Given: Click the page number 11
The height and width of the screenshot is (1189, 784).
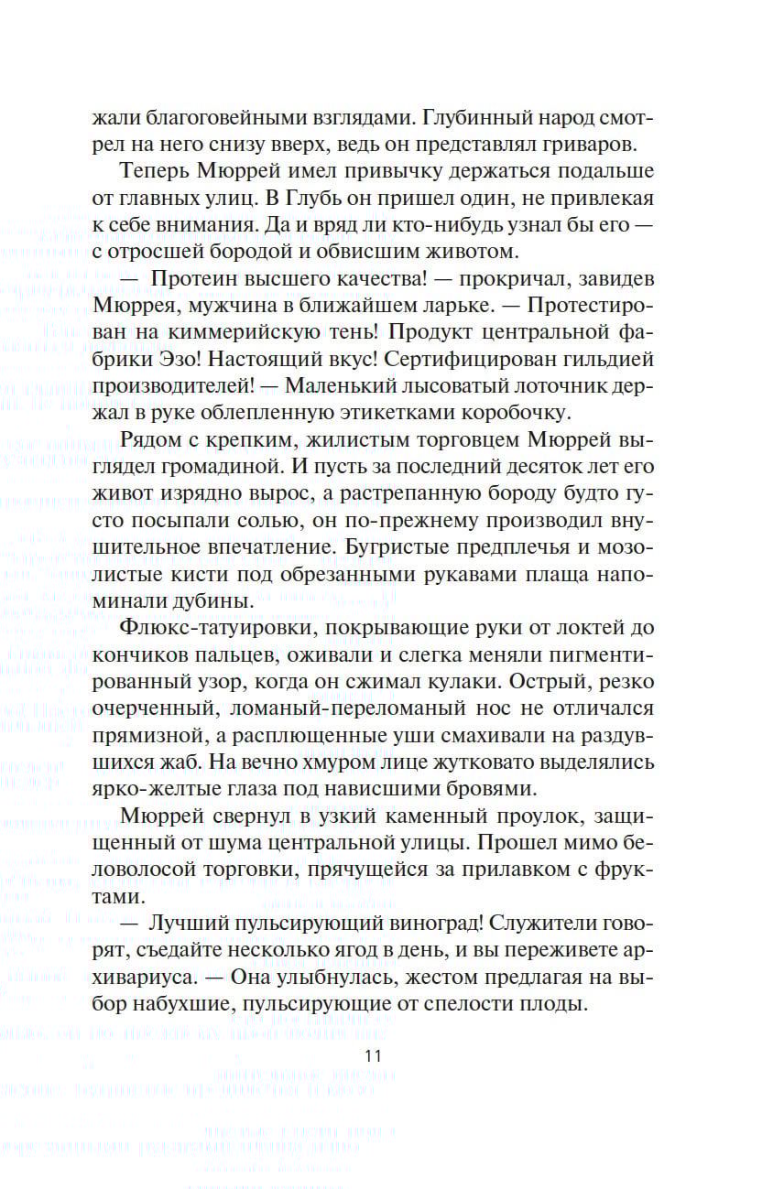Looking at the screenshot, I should coord(373,1054).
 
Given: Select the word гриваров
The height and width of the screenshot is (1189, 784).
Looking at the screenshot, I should coord(606,146).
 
